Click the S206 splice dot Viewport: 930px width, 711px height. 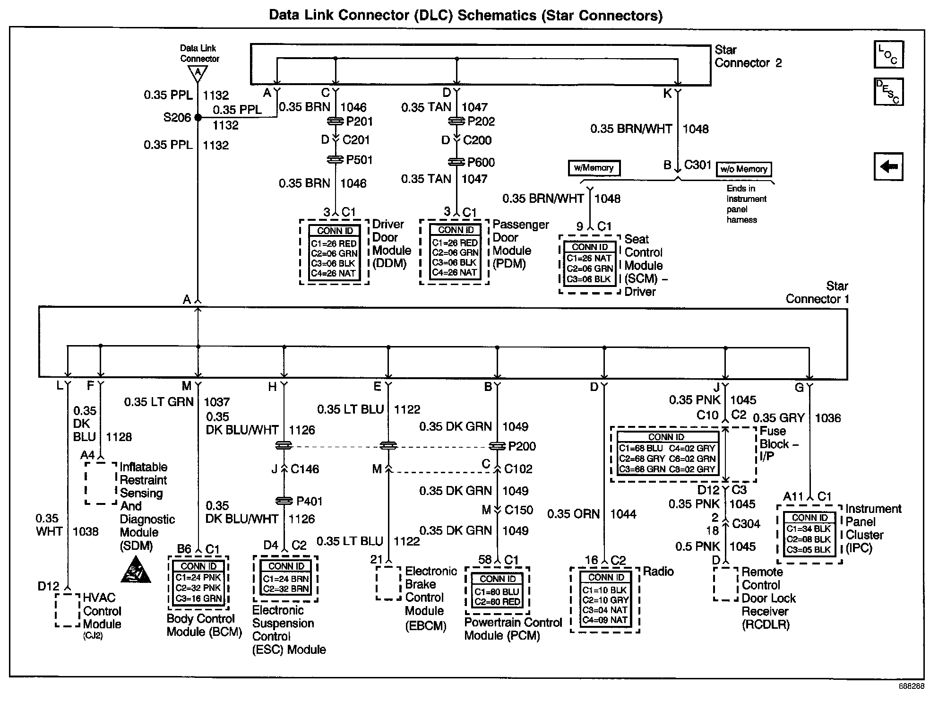pos(198,117)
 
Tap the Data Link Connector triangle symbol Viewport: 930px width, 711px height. pos(198,73)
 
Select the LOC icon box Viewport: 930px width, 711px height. pos(888,54)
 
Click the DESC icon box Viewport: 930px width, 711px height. pos(888,92)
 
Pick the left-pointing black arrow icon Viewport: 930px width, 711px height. pos(888,166)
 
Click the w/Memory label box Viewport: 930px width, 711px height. pos(594,168)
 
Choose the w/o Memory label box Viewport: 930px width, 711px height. pos(744,169)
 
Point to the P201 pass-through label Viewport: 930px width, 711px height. pos(359,121)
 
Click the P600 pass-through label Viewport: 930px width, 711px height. pos(481,162)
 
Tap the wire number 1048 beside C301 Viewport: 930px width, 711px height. pos(695,129)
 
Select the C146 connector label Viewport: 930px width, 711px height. pos(305,469)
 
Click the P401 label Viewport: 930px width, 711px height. pos(309,501)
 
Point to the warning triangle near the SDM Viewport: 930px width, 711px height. pos(136,570)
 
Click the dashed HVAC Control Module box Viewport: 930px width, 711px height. pos(68,610)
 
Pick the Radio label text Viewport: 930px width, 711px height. pos(658,572)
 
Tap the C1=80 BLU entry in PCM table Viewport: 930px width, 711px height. pos(497,591)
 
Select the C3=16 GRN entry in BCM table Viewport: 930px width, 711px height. pos(198,598)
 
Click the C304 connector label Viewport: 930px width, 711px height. pos(746,523)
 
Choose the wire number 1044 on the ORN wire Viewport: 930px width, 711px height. pos(623,514)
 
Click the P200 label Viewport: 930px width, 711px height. pos(522,446)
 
